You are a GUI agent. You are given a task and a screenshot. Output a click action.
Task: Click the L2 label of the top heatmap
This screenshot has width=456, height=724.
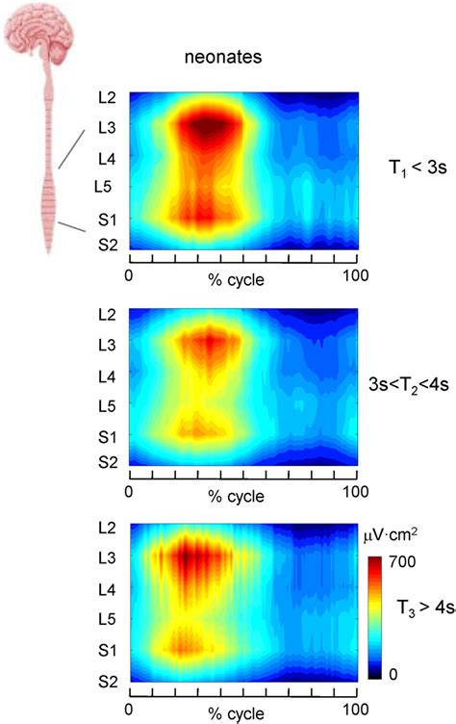(107, 98)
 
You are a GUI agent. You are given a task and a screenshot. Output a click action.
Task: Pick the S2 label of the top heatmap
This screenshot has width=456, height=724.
(107, 246)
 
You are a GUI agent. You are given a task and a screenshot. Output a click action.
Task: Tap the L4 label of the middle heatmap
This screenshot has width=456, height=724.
(107, 374)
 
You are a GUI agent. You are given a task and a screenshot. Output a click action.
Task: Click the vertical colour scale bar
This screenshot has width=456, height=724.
(374, 616)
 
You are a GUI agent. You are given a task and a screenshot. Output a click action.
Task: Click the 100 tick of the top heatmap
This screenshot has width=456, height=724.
(345, 276)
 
